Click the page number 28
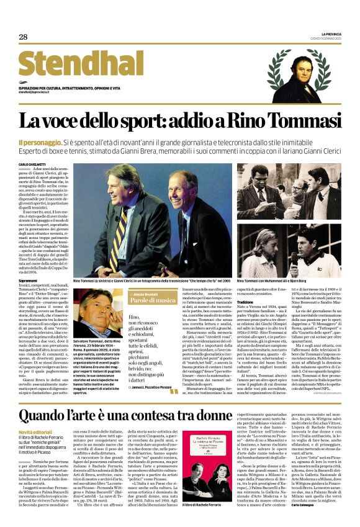[23, 37]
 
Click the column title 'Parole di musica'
[147, 300]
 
